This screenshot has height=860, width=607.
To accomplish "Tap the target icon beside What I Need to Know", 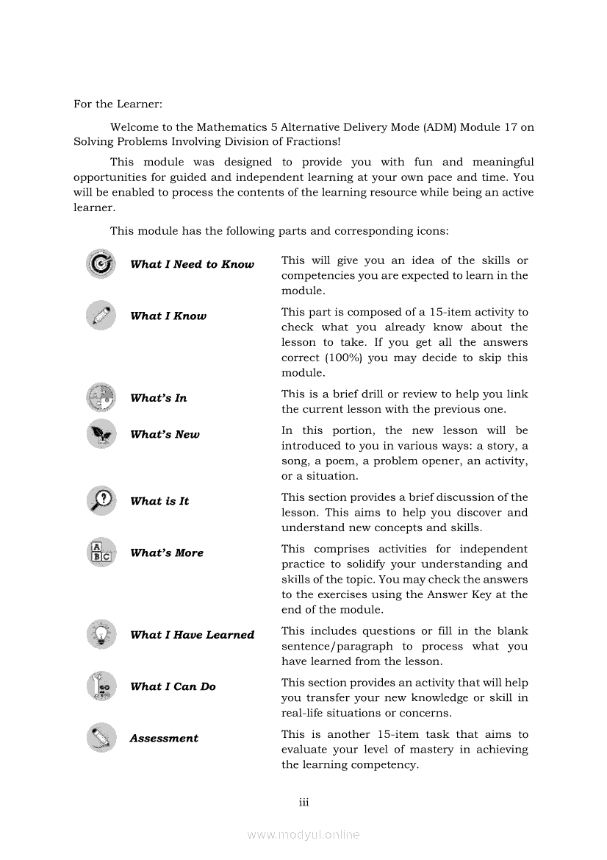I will click(x=101, y=263).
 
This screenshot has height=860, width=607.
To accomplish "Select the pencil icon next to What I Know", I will click(x=101, y=316).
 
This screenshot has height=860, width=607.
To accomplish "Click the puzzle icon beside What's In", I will click(x=101, y=397).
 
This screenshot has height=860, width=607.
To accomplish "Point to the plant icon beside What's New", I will click(x=101, y=434).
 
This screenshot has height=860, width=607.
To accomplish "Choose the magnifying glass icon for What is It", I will click(x=101, y=500).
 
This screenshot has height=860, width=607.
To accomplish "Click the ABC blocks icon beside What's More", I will click(x=101, y=552).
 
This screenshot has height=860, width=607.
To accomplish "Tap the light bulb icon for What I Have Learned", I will click(x=101, y=634).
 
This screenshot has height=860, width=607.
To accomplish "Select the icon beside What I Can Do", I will click(x=101, y=686).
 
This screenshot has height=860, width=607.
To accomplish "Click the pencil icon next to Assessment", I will click(x=101, y=737).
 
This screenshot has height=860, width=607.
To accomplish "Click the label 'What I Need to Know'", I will click(x=192, y=264).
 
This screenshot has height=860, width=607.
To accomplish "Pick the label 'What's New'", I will click(x=165, y=435).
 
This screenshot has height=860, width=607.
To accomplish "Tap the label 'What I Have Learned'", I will click(x=192, y=635).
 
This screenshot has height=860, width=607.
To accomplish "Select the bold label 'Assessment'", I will click(x=164, y=739).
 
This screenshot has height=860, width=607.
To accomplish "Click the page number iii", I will click(x=303, y=802).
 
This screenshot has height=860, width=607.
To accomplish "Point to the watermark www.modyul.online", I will click(x=303, y=834).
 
